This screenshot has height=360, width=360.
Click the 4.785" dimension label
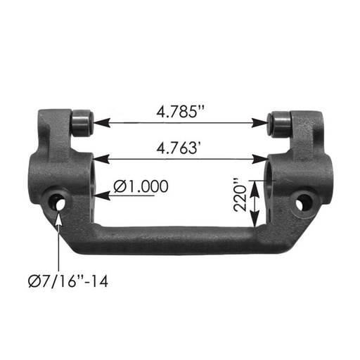click(x=180, y=110)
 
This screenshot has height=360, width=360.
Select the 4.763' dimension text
click(x=180, y=148)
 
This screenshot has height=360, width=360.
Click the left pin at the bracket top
click(x=83, y=120)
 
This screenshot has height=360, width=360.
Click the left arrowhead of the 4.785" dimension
click(x=99, y=122)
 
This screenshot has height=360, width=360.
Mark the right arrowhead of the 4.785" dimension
click(x=265, y=122)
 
